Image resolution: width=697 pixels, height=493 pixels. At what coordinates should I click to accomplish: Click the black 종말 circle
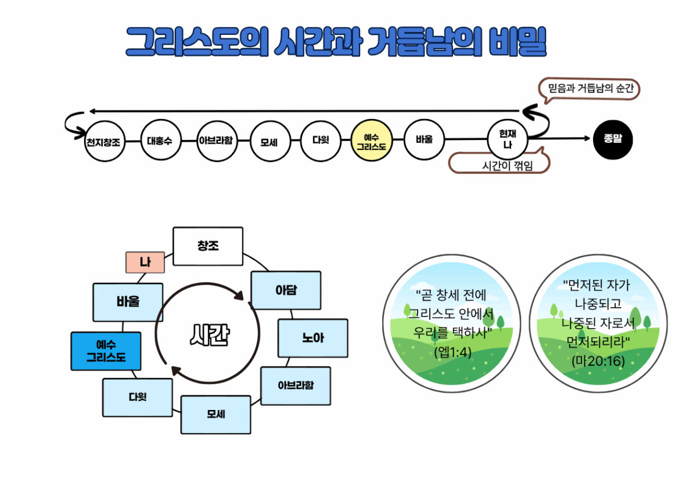coord(613,139)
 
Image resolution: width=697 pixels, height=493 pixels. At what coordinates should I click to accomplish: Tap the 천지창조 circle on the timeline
coord(104,141)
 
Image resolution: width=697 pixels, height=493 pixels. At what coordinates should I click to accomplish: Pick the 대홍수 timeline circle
coord(160,140)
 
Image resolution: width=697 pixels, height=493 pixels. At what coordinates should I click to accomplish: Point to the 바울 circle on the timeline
coord(424,139)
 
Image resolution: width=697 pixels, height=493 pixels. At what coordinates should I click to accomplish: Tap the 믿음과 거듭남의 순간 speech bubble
coord(589,89)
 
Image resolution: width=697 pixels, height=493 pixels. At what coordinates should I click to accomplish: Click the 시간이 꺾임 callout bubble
coord(500,164)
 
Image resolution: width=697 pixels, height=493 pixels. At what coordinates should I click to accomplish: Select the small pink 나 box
coord(145,262)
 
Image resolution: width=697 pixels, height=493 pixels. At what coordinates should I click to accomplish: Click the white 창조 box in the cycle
coord(208,246)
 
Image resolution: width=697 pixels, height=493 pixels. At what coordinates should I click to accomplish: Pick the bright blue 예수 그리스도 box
coord(106,351)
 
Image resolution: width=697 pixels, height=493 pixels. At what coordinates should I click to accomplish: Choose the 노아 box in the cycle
coord(313,338)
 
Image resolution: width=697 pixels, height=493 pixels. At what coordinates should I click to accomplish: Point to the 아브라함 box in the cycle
coord(296,386)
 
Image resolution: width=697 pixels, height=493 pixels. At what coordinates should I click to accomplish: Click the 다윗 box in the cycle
coord(138,398)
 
